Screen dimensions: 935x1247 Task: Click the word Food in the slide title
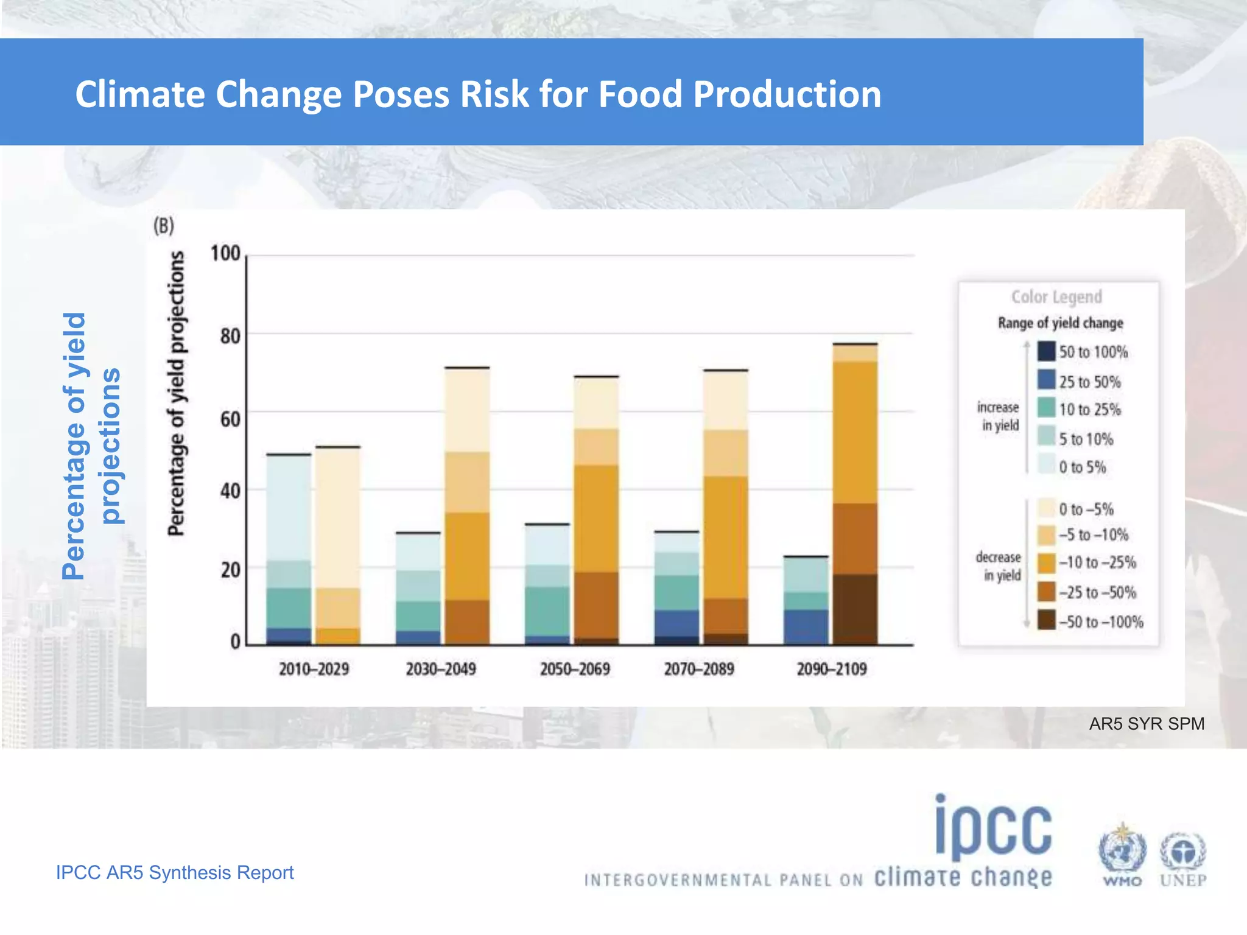click(640, 95)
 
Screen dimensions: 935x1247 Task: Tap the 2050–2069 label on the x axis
click(574, 669)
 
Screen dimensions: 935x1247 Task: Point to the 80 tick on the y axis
click(230, 336)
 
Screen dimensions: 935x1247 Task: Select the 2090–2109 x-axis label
click(831, 669)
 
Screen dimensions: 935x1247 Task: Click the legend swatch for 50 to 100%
click(1046, 351)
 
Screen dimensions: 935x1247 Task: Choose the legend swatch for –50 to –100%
click(1046, 620)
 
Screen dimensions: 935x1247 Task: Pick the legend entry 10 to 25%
click(1089, 410)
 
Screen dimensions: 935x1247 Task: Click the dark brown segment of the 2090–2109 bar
click(855, 609)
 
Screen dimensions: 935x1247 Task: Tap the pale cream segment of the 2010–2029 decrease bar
click(337, 517)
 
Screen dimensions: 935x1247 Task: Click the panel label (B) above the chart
click(163, 226)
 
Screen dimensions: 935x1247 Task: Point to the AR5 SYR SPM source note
click(1146, 724)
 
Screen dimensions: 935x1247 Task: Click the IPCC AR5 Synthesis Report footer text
click(175, 872)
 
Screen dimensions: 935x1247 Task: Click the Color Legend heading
click(1056, 297)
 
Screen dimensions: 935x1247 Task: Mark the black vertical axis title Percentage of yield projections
click(176, 394)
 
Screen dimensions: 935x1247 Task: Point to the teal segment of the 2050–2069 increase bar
click(547, 611)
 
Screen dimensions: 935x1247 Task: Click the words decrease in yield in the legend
click(999, 566)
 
